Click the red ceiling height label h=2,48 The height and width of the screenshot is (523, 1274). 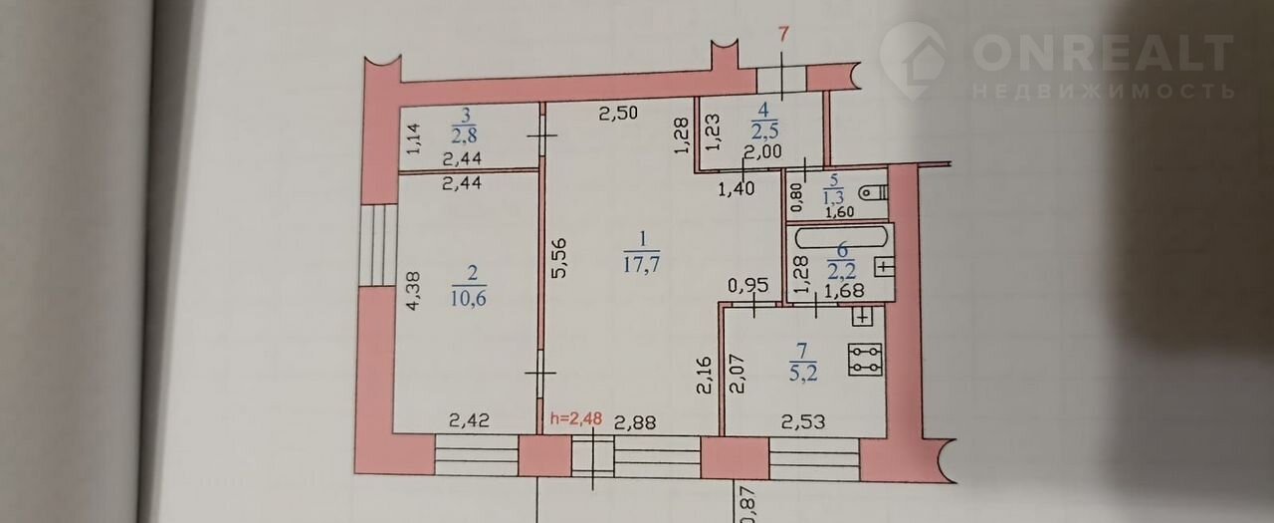click(x=576, y=418)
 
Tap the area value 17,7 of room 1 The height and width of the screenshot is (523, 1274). click(x=642, y=265)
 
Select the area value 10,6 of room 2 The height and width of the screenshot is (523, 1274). click(x=468, y=298)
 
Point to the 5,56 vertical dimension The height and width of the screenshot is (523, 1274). click(x=559, y=257)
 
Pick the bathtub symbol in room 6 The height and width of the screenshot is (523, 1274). click(x=842, y=237)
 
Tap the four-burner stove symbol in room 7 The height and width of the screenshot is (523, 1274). click(x=865, y=360)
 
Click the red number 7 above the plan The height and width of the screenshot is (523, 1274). click(x=783, y=35)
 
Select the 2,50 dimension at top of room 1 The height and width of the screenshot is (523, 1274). click(x=619, y=113)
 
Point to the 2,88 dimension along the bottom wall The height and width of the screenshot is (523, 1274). click(x=634, y=422)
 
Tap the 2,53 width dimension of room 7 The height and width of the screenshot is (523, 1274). click(x=803, y=421)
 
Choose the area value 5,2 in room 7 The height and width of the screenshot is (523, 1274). click(x=803, y=373)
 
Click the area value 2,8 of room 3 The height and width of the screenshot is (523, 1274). click(x=464, y=135)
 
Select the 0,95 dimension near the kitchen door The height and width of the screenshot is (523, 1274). click(x=748, y=285)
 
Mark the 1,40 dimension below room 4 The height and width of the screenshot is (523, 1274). click(x=737, y=189)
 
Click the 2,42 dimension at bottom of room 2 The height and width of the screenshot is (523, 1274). click(x=469, y=420)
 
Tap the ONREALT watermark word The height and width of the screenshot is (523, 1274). click(x=1104, y=53)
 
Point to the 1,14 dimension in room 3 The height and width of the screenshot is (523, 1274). click(x=414, y=138)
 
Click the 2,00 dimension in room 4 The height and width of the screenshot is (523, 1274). click(x=763, y=151)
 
